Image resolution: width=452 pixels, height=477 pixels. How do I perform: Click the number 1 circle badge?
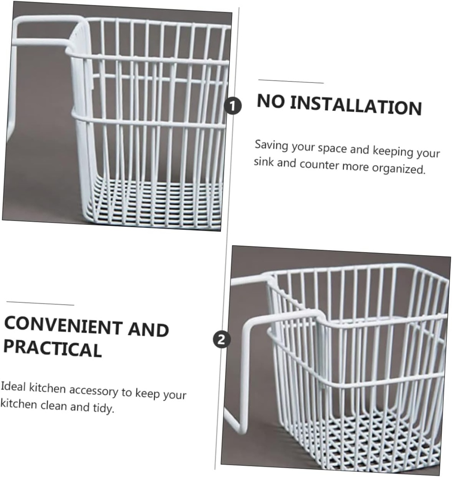233,106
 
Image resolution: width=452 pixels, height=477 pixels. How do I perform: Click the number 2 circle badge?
221,339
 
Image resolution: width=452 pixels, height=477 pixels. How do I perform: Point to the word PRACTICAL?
52,348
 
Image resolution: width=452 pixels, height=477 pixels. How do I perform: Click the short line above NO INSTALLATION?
291,82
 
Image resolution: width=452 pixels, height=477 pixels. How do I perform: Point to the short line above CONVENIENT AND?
40,304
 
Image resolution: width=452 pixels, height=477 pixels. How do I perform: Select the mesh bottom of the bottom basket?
367,438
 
